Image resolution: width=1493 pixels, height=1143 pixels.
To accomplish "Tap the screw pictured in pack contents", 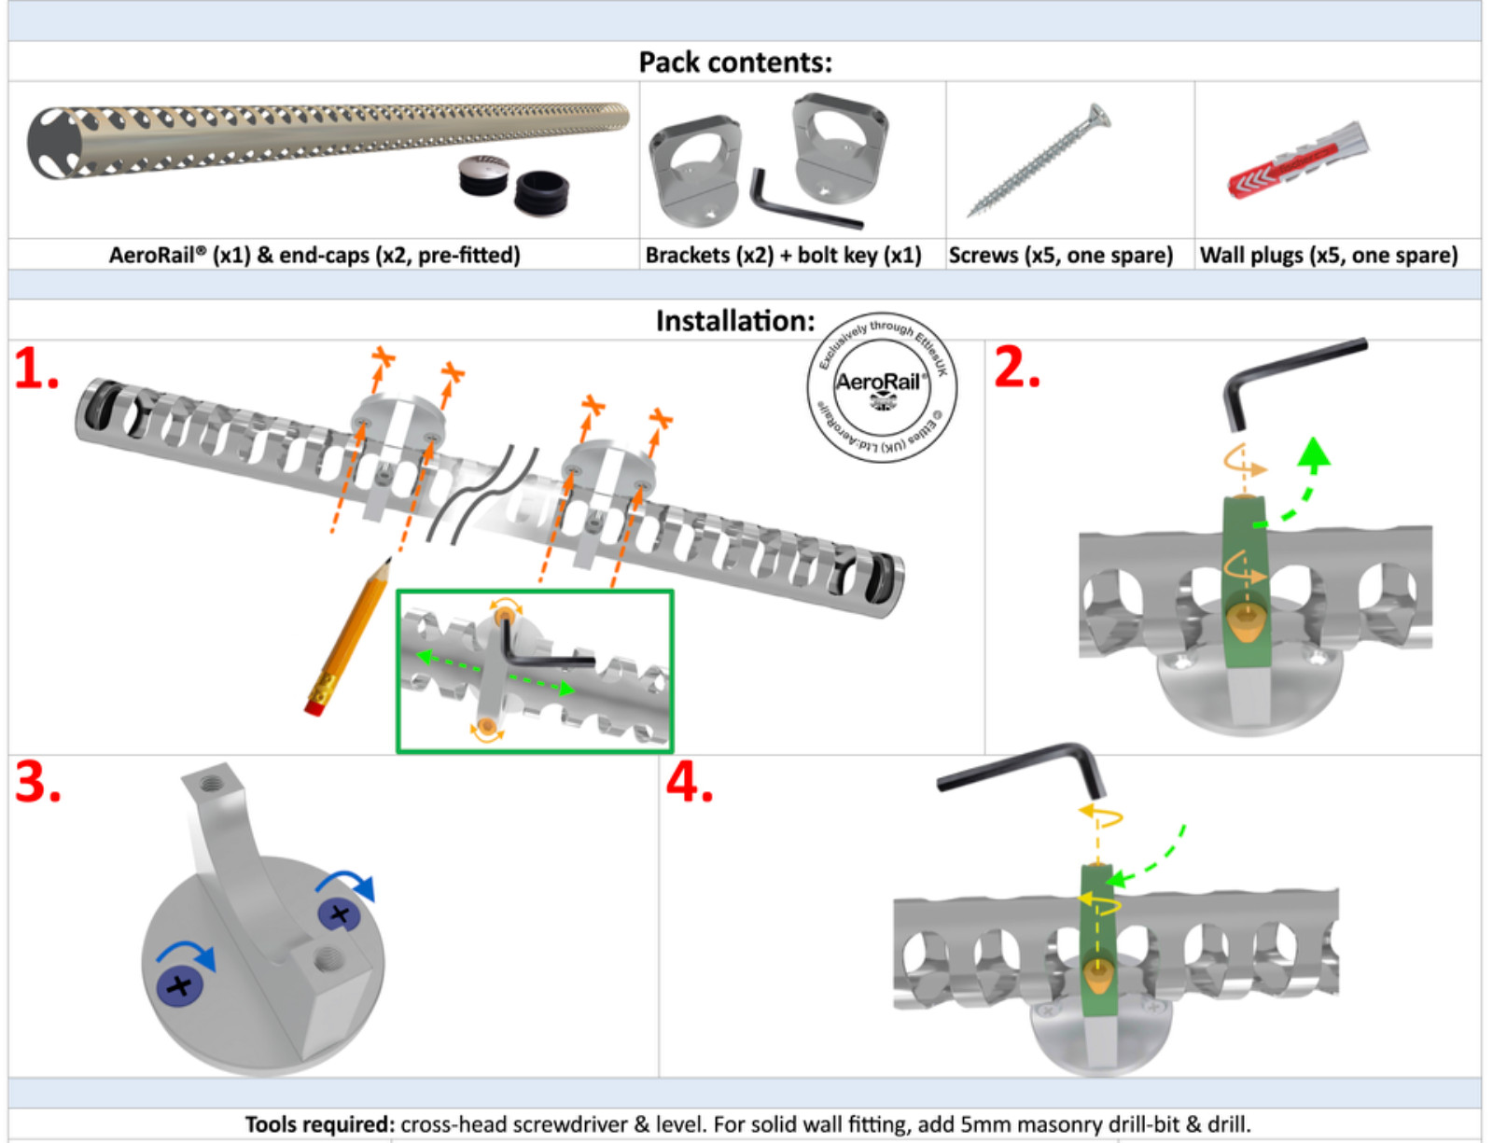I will pos(1039,160).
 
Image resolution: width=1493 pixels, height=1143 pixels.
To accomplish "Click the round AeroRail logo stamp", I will pos(881,386).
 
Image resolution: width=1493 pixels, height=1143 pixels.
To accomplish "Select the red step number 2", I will pos(1016,368).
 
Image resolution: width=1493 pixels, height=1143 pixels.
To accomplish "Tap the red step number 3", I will pos(37,782).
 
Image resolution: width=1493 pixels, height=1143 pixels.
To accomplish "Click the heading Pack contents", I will pos(734,63).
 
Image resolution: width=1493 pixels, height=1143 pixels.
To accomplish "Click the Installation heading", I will pos(734,321).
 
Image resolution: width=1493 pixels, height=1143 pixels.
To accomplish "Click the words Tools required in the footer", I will pos(319,1124).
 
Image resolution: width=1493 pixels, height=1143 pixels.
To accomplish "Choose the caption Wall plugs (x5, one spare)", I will pos(1328,255).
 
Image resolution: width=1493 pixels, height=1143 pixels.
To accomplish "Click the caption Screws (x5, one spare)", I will pos(1060,255).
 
